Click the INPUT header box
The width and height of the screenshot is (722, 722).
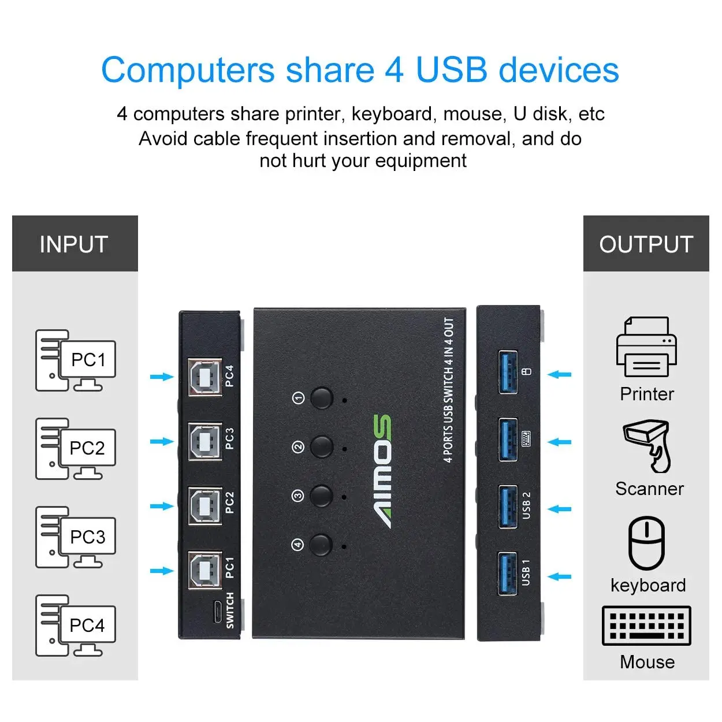[x=75, y=244]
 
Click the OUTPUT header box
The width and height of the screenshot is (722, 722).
[x=646, y=244]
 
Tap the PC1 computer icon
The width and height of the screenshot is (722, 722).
[x=76, y=361]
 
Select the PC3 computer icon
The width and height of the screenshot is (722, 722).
[x=76, y=538]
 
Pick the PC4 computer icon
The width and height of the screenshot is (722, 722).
[x=76, y=626]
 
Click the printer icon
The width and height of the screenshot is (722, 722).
[x=646, y=348]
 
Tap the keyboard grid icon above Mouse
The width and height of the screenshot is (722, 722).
[x=646, y=626]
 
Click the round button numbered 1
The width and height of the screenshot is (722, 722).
[x=322, y=399]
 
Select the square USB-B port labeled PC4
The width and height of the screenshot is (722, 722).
[x=204, y=377]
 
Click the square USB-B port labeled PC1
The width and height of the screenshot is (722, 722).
[x=204, y=571]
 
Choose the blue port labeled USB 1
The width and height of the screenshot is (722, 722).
[x=508, y=574]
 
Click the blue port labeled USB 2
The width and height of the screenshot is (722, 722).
[x=508, y=507]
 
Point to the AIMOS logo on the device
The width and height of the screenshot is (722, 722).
[x=381, y=471]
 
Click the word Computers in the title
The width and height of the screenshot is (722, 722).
[x=188, y=70]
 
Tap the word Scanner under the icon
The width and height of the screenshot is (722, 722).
[x=649, y=489]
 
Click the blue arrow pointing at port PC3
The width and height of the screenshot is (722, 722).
[x=162, y=442]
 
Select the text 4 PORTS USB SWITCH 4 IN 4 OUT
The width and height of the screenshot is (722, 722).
[x=449, y=390]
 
